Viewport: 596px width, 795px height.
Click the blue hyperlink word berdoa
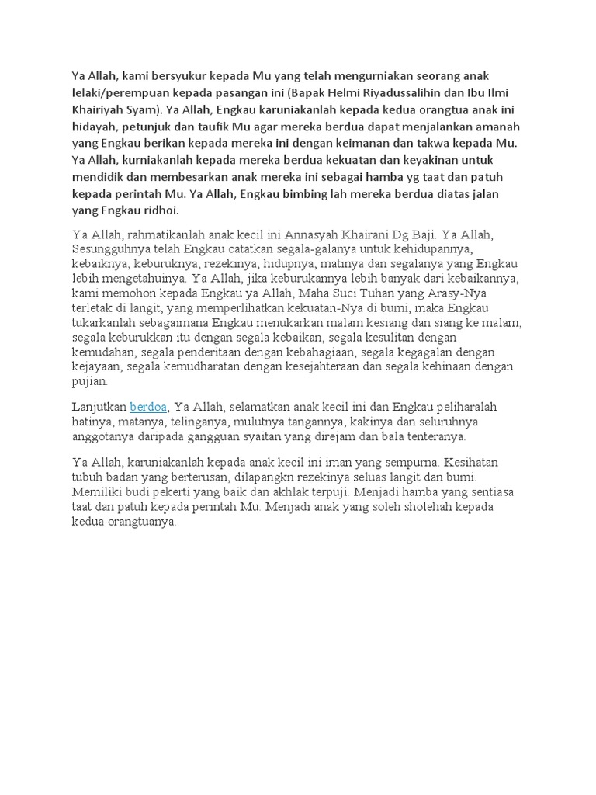coord(148,407)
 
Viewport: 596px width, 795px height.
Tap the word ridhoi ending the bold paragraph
coord(156,210)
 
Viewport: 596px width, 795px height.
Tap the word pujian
coord(90,382)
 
